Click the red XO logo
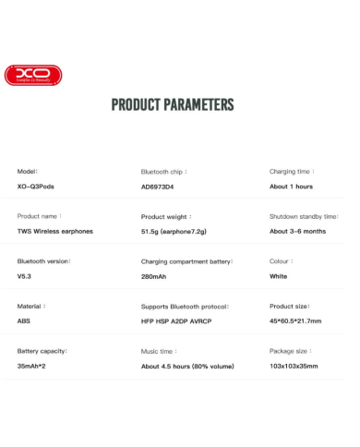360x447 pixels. click(33, 75)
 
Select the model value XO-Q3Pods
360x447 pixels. click(37, 187)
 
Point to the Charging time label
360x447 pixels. click(292, 171)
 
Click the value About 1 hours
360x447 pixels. click(291, 187)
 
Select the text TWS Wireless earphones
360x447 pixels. click(57, 232)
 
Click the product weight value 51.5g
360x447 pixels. click(150, 232)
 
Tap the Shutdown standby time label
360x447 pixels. click(304, 216)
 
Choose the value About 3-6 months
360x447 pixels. click(297, 232)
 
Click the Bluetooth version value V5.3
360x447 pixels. click(24, 276)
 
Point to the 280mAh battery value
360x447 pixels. click(153, 276)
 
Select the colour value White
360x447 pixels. click(278, 276)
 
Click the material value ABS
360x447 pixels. click(24, 321)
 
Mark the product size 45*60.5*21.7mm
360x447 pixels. click(295, 321)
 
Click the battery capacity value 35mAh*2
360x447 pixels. click(32, 366)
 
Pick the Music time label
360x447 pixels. click(159, 351)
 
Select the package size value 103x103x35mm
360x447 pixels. click(294, 366)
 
